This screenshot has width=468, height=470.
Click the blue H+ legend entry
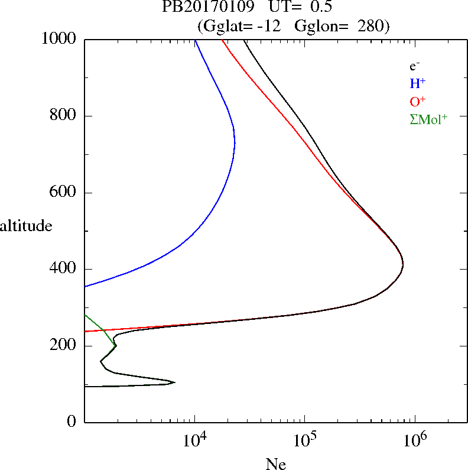pos(418,84)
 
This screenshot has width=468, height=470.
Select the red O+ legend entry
pos(418,102)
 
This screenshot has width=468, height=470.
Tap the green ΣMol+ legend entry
pos(428,119)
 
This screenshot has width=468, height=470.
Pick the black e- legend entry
pos(415,66)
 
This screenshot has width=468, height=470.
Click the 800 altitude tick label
pos(65,116)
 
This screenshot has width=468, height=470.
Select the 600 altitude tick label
pos(65,193)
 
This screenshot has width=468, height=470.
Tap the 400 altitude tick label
pos(65,269)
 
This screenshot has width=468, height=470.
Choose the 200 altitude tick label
pos(65,346)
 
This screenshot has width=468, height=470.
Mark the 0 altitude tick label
pos(72,422)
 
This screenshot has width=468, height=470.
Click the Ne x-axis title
pos(275,464)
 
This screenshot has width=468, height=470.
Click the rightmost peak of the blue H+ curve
pos(235,142)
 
